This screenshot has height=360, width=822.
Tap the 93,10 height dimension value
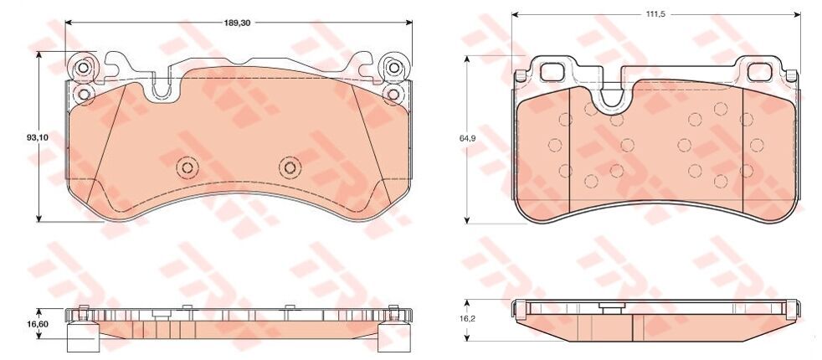(x=38, y=137)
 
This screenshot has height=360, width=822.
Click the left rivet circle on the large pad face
(x=188, y=167)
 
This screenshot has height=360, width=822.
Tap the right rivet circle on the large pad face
(x=290, y=167)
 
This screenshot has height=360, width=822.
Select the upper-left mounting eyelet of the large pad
(x=83, y=68)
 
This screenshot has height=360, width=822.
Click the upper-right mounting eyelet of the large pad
(x=393, y=68)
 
